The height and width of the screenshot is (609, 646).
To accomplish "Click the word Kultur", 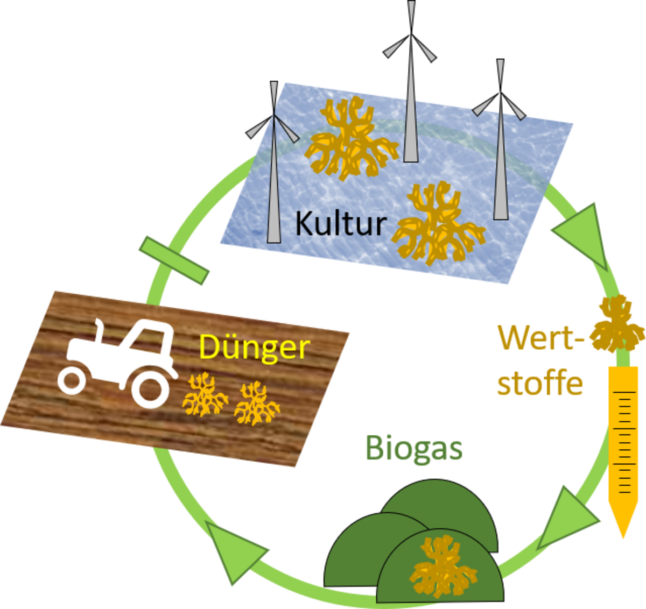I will [x=341, y=223].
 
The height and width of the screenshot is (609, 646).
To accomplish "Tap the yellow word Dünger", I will [x=254, y=348].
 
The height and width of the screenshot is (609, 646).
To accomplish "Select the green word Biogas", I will [x=414, y=448].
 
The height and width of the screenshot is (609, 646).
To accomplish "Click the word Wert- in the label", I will [x=540, y=337].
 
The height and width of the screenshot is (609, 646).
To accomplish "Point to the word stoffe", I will [x=540, y=383].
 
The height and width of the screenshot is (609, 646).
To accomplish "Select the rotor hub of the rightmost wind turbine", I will [x=500, y=102].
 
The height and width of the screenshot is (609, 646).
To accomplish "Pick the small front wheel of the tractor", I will [x=72, y=381].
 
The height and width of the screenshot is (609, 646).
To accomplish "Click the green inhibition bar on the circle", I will [x=174, y=260].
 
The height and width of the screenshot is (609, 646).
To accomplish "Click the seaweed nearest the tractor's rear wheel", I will [x=205, y=396].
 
